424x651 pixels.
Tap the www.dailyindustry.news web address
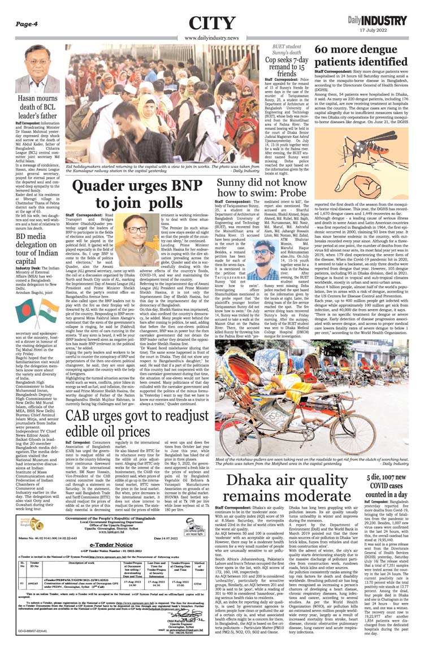[212, 38]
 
